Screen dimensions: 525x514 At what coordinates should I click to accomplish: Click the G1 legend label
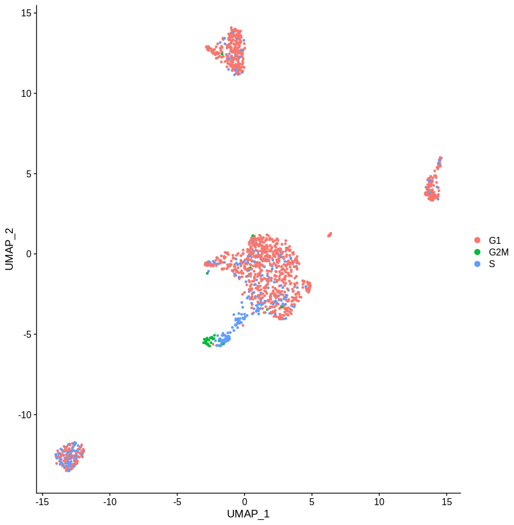[x=495, y=240]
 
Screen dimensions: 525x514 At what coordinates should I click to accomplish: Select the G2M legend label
[x=499, y=252]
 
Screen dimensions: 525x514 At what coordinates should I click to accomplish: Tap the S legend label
[x=492, y=264]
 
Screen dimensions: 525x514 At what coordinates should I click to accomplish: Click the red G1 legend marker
[x=477, y=240]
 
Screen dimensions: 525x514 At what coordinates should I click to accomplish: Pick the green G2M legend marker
[x=477, y=252]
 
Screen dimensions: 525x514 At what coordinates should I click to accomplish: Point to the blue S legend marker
[x=477, y=264]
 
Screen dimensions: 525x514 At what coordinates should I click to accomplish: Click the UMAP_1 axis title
[x=248, y=514]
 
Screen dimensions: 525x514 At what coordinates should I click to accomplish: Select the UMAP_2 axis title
[x=9, y=250]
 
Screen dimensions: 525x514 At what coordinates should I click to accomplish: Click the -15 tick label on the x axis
[x=42, y=502]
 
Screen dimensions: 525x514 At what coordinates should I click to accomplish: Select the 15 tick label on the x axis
[x=447, y=502]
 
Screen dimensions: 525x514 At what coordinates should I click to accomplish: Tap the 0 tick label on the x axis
[x=244, y=502]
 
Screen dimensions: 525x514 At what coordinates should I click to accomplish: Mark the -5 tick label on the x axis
[x=177, y=502]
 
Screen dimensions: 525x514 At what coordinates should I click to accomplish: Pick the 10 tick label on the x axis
[x=379, y=502]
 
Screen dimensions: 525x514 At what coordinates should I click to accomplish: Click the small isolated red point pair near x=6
[x=330, y=235]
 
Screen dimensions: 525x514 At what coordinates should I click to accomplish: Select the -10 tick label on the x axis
[x=109, y=502]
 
